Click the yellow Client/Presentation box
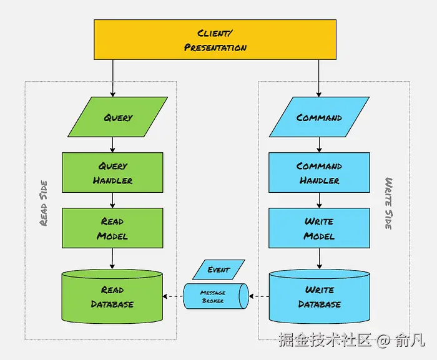(215, 39)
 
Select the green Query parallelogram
(117, 117)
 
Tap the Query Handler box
(112, 173)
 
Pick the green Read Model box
(112, 228)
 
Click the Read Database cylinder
(112, 297)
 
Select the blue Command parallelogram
(319, 117)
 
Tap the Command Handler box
(319, 173)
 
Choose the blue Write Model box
(319, 228)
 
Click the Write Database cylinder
(319, 297)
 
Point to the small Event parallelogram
(219, 270)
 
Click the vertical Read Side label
(44, 203)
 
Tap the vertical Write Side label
(388, 203)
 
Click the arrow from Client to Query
(112, 78)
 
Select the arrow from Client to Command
(319, 78)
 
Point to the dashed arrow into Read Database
(173, 296)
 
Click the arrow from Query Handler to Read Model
(112, 200)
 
